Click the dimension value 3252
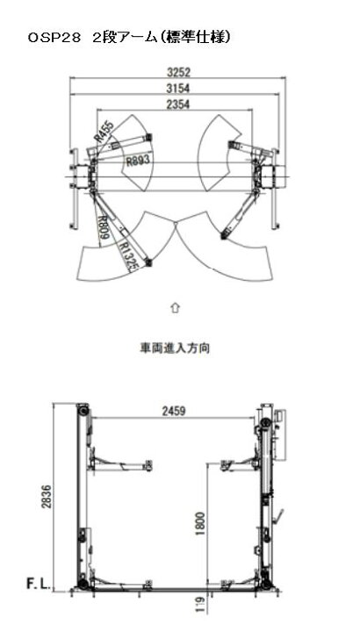tap(178, 73)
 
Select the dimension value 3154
tap(178, 89)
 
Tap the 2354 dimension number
tap(178, 104)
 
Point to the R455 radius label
tap(104, 132)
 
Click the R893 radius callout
tap(138, 162)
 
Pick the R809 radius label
tap(104, 227)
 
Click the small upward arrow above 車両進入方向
tap(176, 308)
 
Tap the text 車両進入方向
tap(175, 348)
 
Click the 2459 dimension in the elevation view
tap(174, 412)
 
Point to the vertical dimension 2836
tap(47, 497)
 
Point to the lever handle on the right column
tap(278, 516)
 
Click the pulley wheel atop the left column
tap(83, 410)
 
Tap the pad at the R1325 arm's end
tap(149, 263)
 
